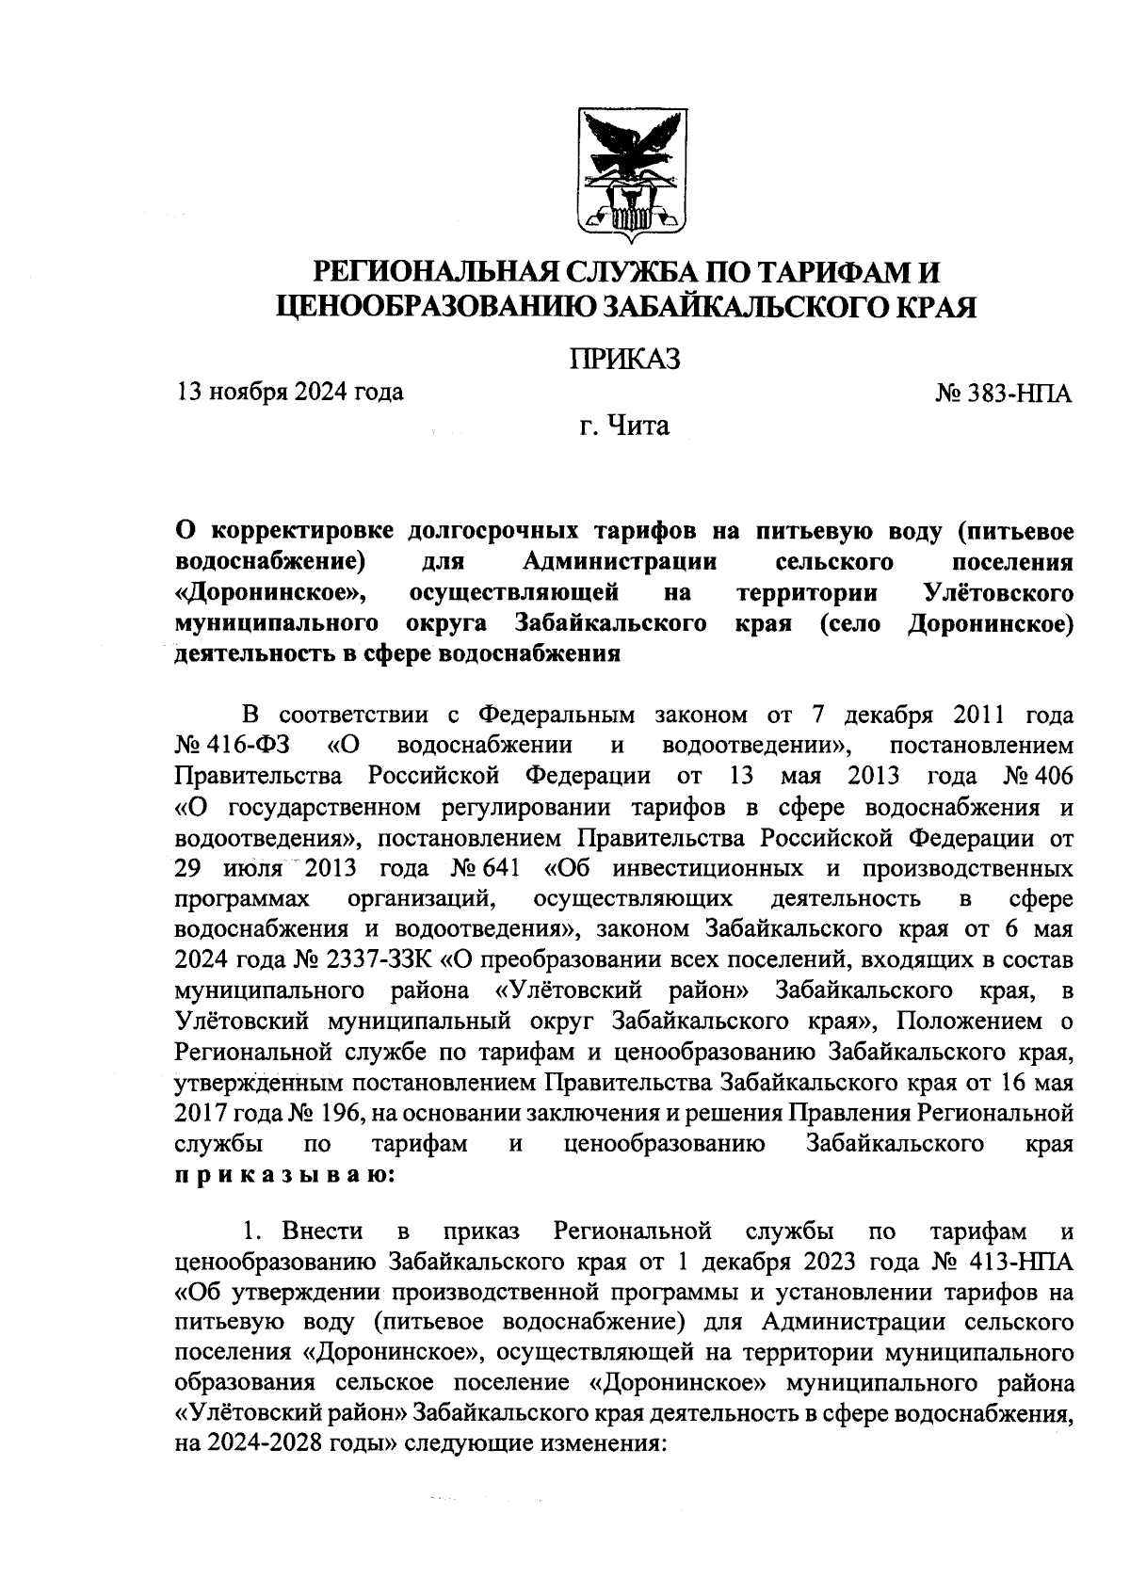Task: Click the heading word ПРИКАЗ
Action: tap(625, 360)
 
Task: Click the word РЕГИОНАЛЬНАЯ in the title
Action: tap(438, 273)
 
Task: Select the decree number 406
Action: tap(1054, 776)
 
